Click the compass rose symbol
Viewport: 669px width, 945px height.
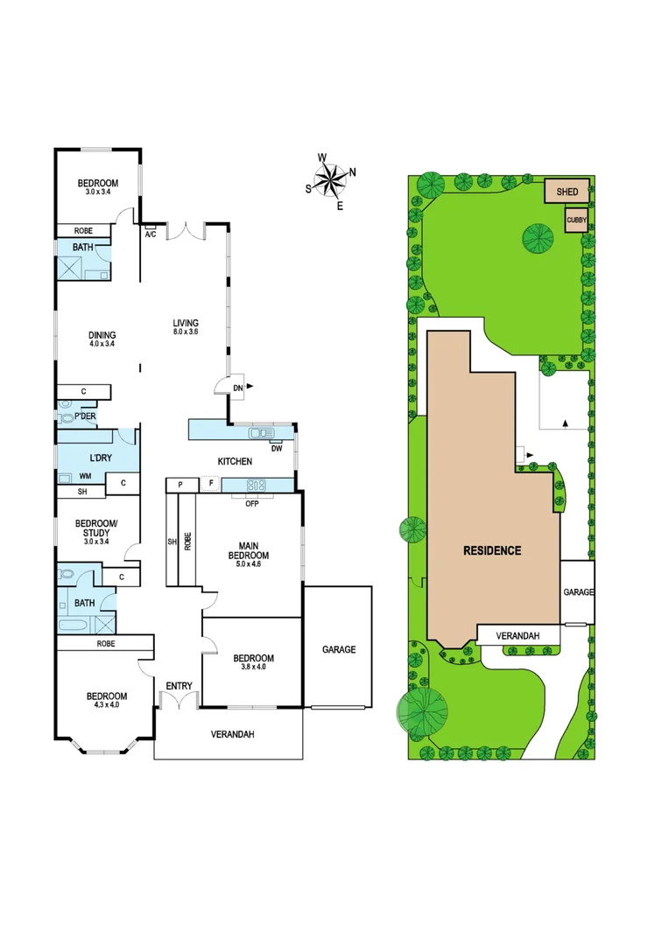coord(331,180)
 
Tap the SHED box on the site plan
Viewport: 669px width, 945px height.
coord(567,191)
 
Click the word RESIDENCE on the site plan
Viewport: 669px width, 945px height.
coord(493,550)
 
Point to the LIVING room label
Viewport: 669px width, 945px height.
coord(185,326)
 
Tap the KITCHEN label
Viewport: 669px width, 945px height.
coord(235,461)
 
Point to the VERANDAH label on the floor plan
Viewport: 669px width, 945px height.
coord(232,735)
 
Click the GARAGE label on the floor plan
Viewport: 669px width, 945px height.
coord(338,650)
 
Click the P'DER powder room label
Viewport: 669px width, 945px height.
coord(84,416)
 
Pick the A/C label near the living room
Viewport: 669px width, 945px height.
coord(150,234)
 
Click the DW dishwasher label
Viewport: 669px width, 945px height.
coord(277,449)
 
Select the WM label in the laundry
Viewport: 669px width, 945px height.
coord(85,476)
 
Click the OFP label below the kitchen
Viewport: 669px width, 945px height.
coord(251,504)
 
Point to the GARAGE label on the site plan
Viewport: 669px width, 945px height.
coord(578,592)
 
